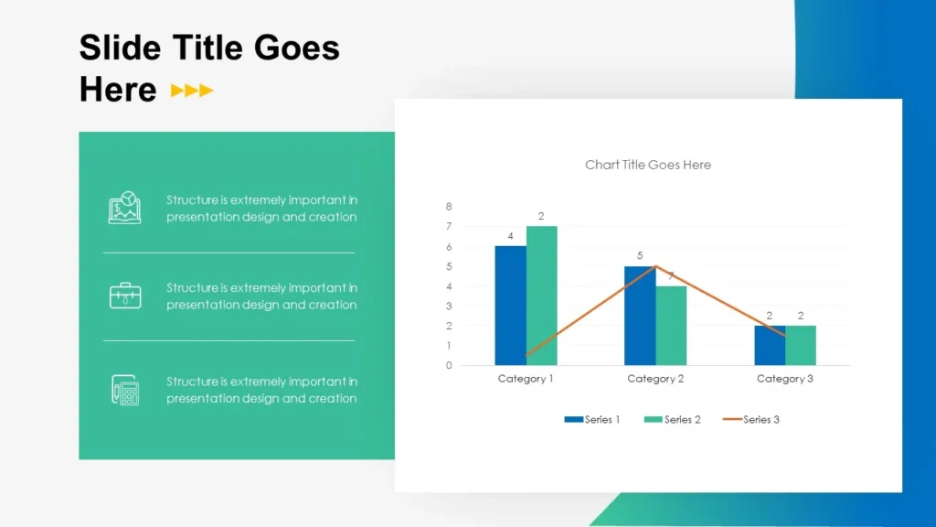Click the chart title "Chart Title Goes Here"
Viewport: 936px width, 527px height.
647,165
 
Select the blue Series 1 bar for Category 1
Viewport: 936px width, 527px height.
510,306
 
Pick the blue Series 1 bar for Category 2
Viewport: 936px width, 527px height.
640,316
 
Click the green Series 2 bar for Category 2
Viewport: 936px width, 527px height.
671,326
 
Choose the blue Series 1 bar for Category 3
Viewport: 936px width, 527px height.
770,345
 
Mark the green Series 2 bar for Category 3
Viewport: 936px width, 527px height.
801,345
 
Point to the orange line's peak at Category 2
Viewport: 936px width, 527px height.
655,266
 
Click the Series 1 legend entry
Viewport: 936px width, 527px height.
592,419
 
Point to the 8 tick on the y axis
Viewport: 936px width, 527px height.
449,207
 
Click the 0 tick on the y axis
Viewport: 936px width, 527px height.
449,365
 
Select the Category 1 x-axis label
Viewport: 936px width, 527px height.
526,379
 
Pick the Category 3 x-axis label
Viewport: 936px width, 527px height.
784,379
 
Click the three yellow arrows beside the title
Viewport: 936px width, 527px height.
192,91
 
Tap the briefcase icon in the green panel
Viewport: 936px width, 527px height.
125,296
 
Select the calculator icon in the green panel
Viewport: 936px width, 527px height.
125,390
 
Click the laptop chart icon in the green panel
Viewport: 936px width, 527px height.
125,208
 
